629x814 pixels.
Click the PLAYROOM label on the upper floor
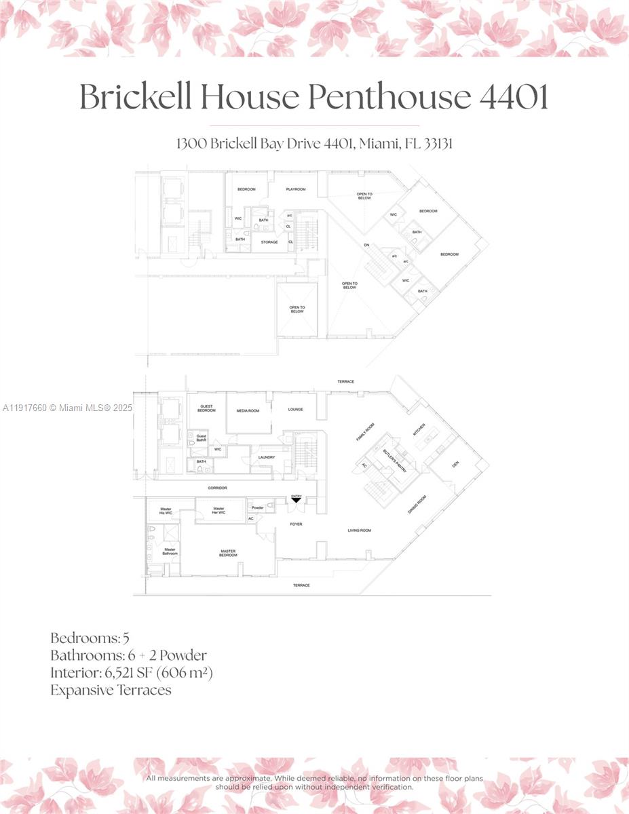pos(296,189)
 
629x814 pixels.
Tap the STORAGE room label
pos(269,241)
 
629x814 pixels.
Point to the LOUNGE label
pos(295,409)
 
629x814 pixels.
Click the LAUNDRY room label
pos(266,457)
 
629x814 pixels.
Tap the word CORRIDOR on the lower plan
pos(217,488)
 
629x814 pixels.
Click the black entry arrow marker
pos(297,500)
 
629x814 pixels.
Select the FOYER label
pos(296,524)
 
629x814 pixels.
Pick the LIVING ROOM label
pos(360,530)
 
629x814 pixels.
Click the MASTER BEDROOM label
pos(228,553)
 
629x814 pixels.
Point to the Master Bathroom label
pos(170,551)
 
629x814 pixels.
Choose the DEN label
pos(455,465)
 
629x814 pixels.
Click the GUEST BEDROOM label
pos(206,408)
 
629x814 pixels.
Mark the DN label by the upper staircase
pos(367,245)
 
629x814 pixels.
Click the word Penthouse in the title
pos(389,98)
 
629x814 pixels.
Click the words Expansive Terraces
pos(111,690)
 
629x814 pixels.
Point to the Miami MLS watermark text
pos(68,408)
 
